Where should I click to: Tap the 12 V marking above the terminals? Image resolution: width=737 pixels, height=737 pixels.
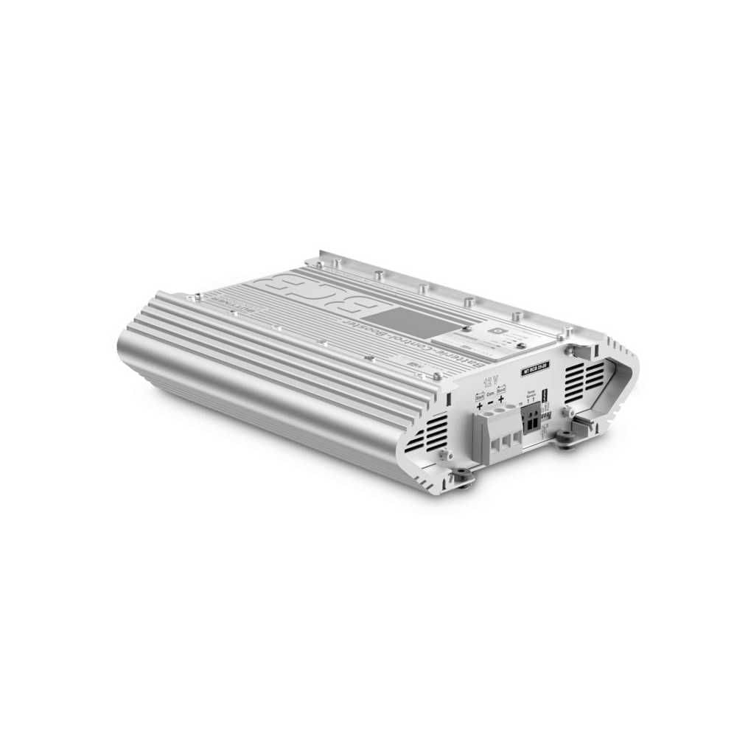(489, 383)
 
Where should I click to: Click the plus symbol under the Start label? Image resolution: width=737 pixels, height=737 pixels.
(480, 405)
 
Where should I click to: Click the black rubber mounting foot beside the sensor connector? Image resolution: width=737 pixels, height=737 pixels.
(567, 439)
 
